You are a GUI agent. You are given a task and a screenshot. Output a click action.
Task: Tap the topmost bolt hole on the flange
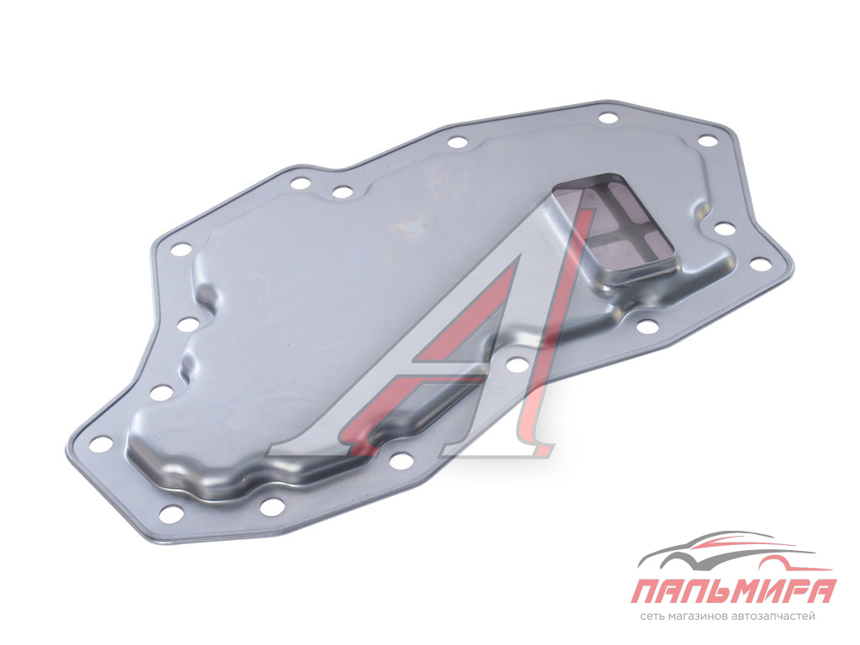point(608,118)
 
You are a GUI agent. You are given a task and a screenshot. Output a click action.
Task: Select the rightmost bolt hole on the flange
point(759,265)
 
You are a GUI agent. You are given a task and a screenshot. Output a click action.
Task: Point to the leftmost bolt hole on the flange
point(100,443)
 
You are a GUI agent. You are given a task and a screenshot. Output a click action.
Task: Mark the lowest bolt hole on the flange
point(171,514)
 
